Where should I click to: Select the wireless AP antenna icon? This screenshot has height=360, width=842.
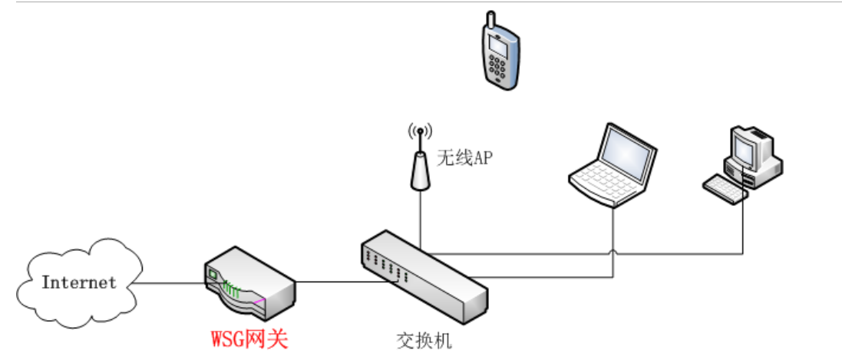click(419, 157)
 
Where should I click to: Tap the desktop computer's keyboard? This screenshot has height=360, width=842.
click(725, 188)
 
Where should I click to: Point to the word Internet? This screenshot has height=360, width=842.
click(79, 282)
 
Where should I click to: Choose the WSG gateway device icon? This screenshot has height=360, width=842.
click(249, 283)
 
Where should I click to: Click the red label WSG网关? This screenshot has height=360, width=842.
click(249, 339)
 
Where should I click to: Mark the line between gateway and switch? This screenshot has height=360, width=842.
click(330, 282)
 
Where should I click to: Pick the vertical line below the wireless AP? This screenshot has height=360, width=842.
click(420, 215)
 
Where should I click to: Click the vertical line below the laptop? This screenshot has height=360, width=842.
click(615, 238)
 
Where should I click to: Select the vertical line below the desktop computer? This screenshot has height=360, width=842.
click(743, 226)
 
